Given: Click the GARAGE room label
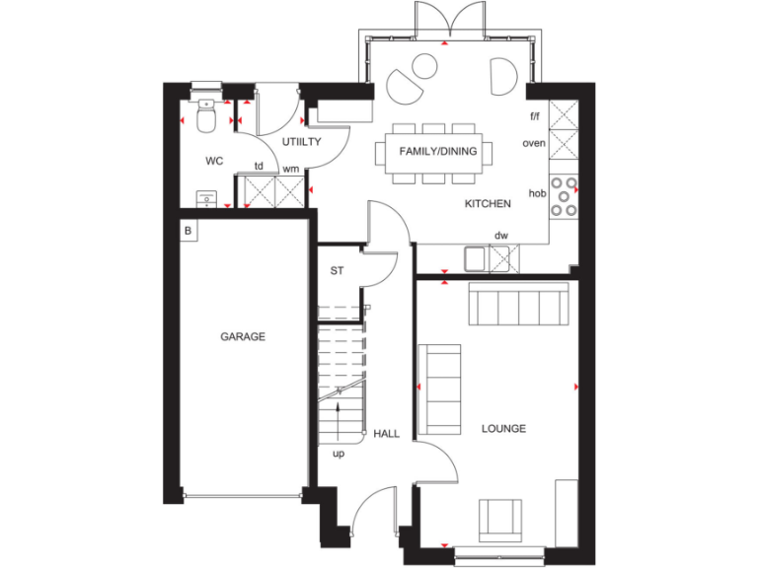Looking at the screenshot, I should [x=242, y=336].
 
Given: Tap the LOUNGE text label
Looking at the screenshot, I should [x=503, y=429].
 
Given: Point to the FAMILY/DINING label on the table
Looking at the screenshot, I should [x=438, y=152].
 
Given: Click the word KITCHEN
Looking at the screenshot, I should [x=488, y=204].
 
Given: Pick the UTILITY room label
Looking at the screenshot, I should [x=302, y=142].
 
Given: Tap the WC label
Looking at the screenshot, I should [x=214, y=160].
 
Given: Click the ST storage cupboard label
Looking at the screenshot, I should [x=336, y=270].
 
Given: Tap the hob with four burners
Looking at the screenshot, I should [x=565, y=194].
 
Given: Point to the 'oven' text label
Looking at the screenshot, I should [x=534, y=143].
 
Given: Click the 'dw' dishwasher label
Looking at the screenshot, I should [x=501, y=235].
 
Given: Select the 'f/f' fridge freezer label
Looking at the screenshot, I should [x=535, y=116].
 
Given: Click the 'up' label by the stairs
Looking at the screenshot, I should [x=339, y=455].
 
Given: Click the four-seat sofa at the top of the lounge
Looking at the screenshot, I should [x=518, y=304].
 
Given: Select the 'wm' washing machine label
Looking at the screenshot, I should [x=291, y=169].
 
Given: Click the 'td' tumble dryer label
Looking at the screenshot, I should [x=259, y=166].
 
